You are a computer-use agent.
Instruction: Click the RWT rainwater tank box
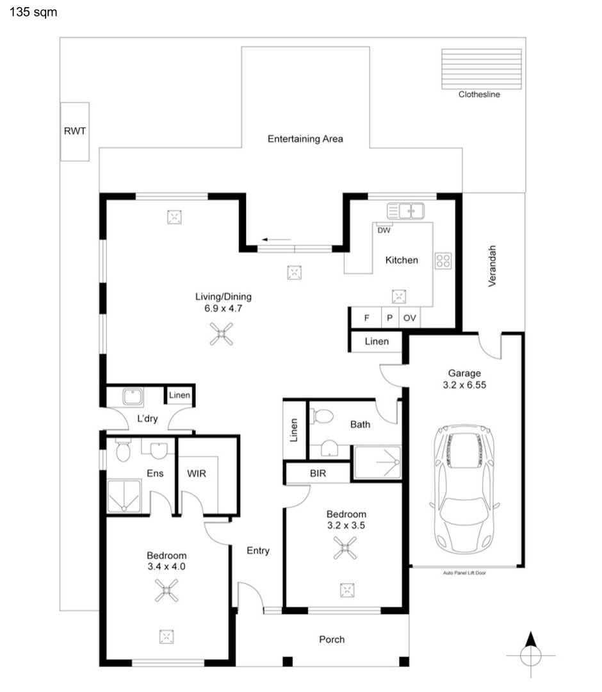point(75,131)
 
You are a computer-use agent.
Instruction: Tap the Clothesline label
point(479,94)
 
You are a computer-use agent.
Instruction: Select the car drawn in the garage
point(465,489)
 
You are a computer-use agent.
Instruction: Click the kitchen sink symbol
point(406,211)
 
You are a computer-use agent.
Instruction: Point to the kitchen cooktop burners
point(443,261)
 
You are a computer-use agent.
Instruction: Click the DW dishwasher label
point(384,231)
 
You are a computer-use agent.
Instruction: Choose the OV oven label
point(410,318)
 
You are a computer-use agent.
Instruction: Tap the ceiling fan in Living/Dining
point(222,334)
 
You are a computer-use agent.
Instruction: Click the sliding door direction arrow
point(276,240)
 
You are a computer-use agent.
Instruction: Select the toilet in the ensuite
point(123,450)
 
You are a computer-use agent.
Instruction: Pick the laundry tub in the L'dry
point(133,397)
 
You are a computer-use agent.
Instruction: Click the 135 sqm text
point(33,12)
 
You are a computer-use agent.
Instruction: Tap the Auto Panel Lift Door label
point(464,573)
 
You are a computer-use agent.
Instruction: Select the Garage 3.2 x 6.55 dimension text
point(464,379)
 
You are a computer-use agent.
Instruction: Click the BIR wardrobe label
point(318,474)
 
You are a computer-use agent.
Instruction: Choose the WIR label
point(197,474)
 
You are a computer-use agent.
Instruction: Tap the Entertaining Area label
point(305,139)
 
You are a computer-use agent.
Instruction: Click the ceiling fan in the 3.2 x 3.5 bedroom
point(345,548)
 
